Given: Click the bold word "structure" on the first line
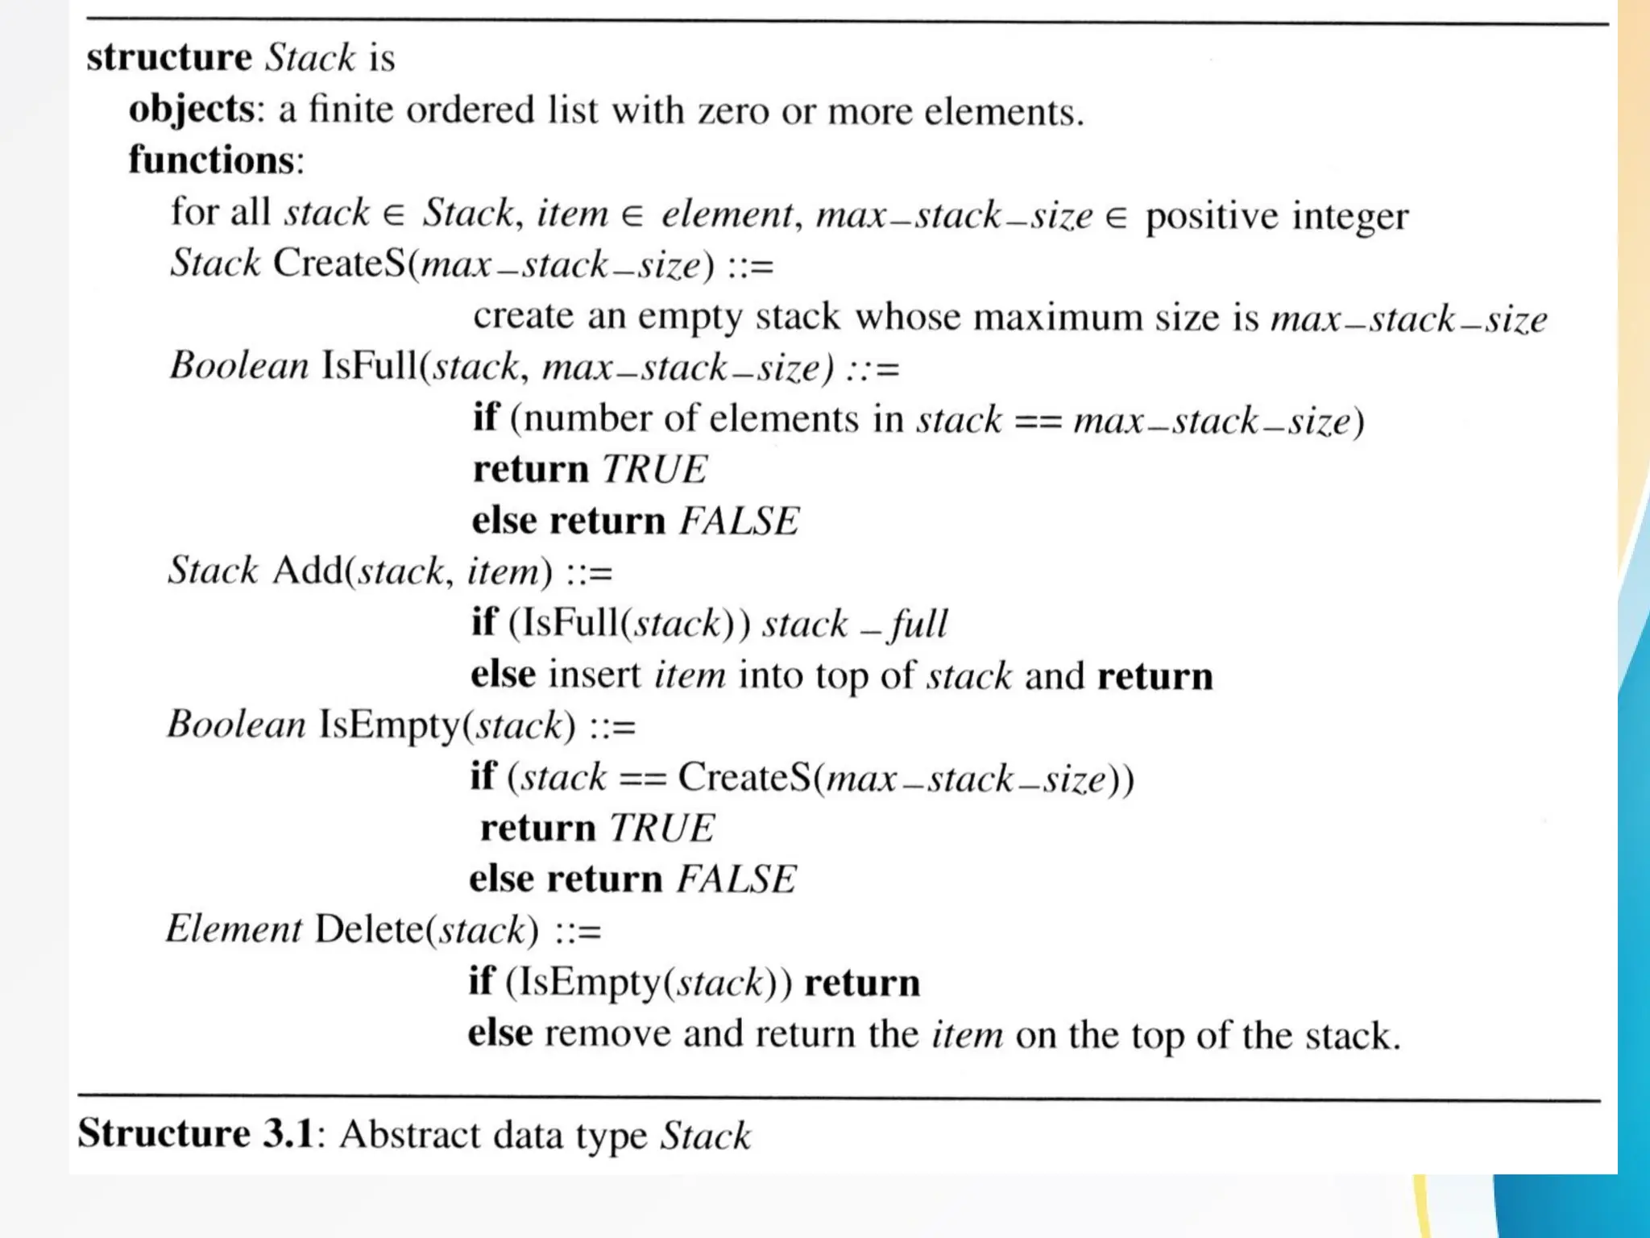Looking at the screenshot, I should click(x=169, y=58).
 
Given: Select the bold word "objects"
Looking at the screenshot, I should click(x=192, y=110).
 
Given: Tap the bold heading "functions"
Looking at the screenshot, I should click(x=212, y=160).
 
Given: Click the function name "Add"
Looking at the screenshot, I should click(x=308, y=571).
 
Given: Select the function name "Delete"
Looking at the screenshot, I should click(x=368, y=929).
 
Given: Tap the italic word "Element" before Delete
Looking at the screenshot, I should click(x=234, y=929).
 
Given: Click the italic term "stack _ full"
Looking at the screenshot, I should click(x=854, y=624).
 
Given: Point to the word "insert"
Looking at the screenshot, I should click(x=595, y=675).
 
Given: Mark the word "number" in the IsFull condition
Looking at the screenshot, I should click(x=587, y=419).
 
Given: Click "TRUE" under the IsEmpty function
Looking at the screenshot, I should click(x=661, y=829).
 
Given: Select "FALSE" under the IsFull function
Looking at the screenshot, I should click(x=739, y=521).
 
